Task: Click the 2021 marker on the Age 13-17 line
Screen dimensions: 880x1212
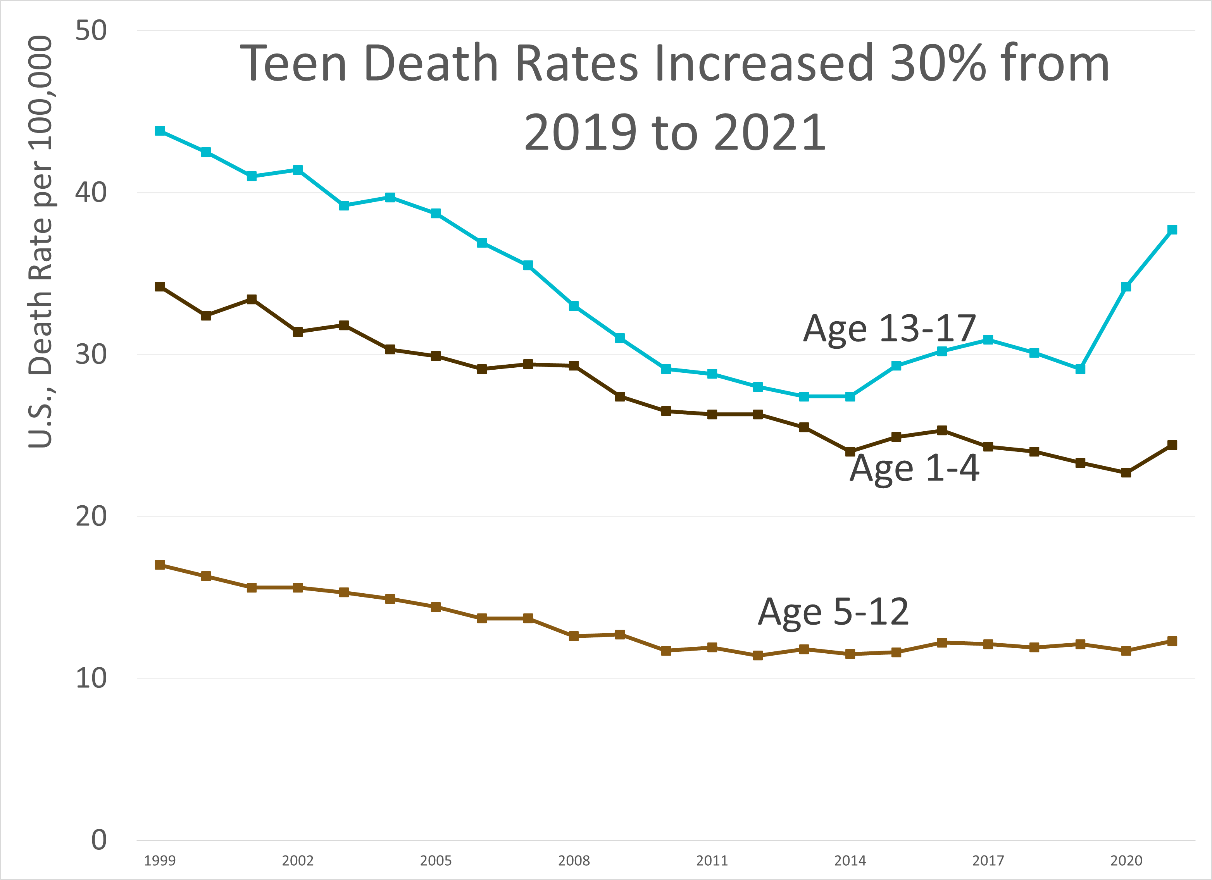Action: (1172, 230)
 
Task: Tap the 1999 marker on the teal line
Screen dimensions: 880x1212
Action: (160, 131)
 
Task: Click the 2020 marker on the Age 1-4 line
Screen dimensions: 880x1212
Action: (1126, 472)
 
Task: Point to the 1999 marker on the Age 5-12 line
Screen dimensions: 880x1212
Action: (160, 565)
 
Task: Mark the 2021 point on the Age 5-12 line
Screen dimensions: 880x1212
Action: (1172, 641)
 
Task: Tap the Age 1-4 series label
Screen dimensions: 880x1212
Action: (914, 468)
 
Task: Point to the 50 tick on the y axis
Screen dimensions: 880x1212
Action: (91, 31)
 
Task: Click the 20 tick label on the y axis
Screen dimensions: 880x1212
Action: (91, 516)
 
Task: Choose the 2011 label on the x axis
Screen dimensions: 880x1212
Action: (712, 861)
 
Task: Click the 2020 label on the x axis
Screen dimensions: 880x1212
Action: (1126, 861)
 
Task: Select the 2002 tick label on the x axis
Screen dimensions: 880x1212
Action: (298, 861)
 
